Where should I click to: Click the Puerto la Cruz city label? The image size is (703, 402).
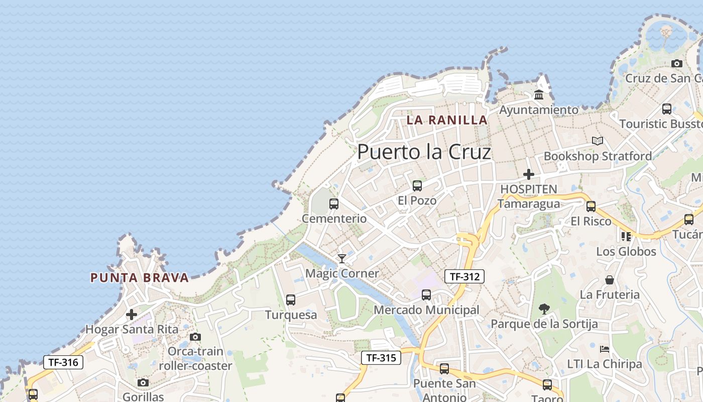(x=424, y=152)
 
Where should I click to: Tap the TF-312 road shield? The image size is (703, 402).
(x=464, y=276)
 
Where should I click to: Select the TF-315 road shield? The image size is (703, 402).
(x=381, y=358)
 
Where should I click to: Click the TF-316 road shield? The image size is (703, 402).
(x=63, y=362)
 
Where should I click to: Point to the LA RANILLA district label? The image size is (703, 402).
(x=447, y=120)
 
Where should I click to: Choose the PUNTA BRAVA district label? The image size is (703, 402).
(x=140, y=278)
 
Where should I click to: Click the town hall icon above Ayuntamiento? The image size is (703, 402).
(x=539, y=94)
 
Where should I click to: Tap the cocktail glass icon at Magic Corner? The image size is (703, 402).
(x=342, y=259)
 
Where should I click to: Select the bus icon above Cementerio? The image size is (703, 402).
(x=334, y=204)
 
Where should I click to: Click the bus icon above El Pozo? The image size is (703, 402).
(x=417, y=186)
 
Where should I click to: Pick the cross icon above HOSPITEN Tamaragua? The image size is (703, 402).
(x=528, y=174)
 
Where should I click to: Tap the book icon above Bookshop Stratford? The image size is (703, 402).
(x=597, y=141)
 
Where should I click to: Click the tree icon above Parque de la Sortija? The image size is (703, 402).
(x=544, y=309)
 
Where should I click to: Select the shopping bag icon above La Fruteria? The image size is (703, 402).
(x=610, y=280)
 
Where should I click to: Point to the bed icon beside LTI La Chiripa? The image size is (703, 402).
(x=605, y=349)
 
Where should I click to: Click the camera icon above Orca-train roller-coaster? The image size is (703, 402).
(x=195, y=337)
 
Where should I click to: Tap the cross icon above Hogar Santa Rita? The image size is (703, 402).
(x=132, y=315)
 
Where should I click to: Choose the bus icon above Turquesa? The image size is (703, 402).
(x=291, y=300)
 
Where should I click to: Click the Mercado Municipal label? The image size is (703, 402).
(x=426, y=310)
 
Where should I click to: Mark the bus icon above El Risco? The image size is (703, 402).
(x=591, y=206)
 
